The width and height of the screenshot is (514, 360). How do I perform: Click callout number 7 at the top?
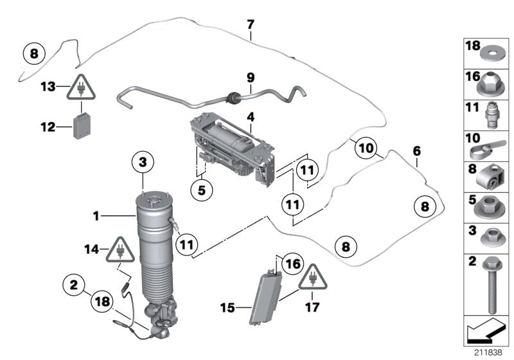pyautogui.click(x=251, y=24)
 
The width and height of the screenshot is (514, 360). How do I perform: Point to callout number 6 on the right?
pyautogui.click(x=416, y=150)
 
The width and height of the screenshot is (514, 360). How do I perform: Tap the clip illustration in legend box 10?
pyautogui.click(x=490, y=151)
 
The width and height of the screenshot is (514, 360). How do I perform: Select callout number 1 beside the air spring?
pyautogui.click(x=96, y=217)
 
